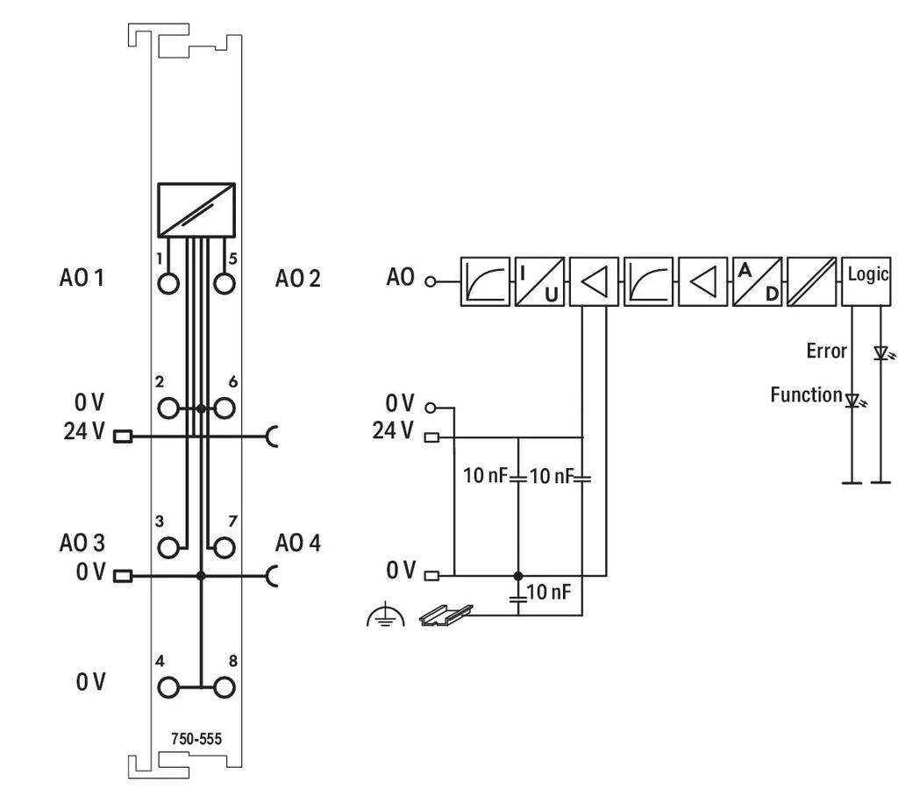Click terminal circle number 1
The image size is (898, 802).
pos(168,283)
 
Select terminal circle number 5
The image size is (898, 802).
pos(224,283)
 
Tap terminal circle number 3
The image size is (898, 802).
pos(168,548)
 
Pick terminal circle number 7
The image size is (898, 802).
pos(224,548)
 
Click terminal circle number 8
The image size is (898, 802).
pos(224,687)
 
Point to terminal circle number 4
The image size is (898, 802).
pos(168,687)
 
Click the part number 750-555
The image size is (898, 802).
pos(196,739)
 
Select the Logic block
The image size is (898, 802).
pos(866,281)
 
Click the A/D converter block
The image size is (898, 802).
pos(757,281)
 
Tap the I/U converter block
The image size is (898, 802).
pos(539,281)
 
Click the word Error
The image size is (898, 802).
pos(826,351)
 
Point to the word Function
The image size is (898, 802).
pos(807,394)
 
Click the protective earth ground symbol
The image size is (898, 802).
pos(386,615)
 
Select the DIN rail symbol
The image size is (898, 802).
pos(446,614)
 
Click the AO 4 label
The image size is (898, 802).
pos(298,543)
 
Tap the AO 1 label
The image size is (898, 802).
pos(82,278)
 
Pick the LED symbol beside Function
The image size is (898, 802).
pos(853,401)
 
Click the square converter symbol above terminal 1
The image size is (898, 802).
pos(196,210)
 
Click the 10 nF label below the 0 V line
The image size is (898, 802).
pos(549,592)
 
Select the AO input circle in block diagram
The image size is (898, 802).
pos(431,281)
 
